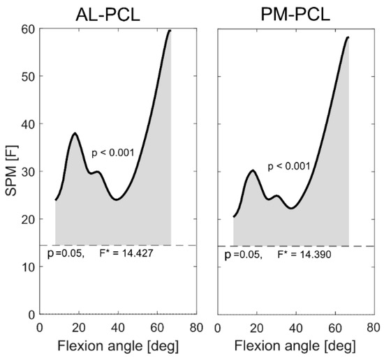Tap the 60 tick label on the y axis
pyautogui.click(x=27, y=29)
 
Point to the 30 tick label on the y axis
pyautogui.click(x=27, y=172)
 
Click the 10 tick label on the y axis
pyautogui.click(x=27, y=267)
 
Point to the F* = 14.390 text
pyautogui.click(x=306, y=255)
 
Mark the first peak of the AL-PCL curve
pyautogui.click(x=74, y=133)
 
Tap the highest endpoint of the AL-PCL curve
pyautogui.click(x=170, y=31)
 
